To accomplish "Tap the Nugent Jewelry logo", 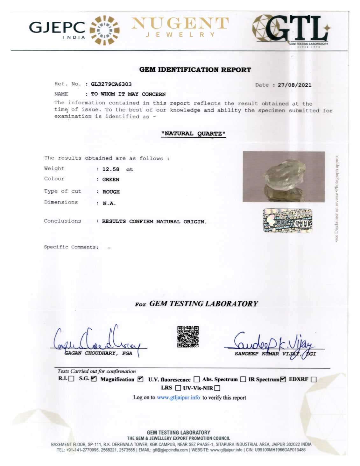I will (180, 27).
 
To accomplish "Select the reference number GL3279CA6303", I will (111, 84).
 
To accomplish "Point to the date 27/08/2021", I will (294, 85).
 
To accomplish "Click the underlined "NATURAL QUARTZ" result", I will (193, 134).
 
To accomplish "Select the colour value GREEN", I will (111, 180).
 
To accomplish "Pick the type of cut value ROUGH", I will (111, 192).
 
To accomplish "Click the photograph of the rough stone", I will (284, 176).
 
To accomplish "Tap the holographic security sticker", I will (287, 220).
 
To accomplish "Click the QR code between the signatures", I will (188, 336).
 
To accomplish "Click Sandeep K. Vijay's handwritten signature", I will (274, 343).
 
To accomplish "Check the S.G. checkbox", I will (94, 379).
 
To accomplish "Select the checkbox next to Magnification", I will (140, 379).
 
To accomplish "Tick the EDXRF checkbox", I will (314, 379).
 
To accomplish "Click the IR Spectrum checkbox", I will (283, 379).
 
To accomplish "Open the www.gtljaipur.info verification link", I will (178, 398).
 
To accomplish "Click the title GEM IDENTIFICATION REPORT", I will (195, 70).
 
